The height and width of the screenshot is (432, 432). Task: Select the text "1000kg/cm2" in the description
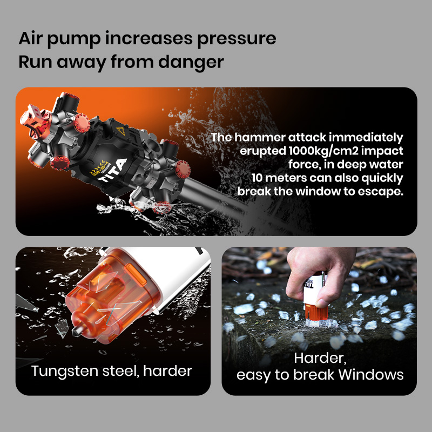[316, 151]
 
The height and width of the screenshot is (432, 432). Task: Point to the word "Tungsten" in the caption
[64, 371]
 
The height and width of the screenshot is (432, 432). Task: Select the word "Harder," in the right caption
[320, 357]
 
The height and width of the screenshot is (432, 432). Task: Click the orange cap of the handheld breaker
[316, 313]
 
